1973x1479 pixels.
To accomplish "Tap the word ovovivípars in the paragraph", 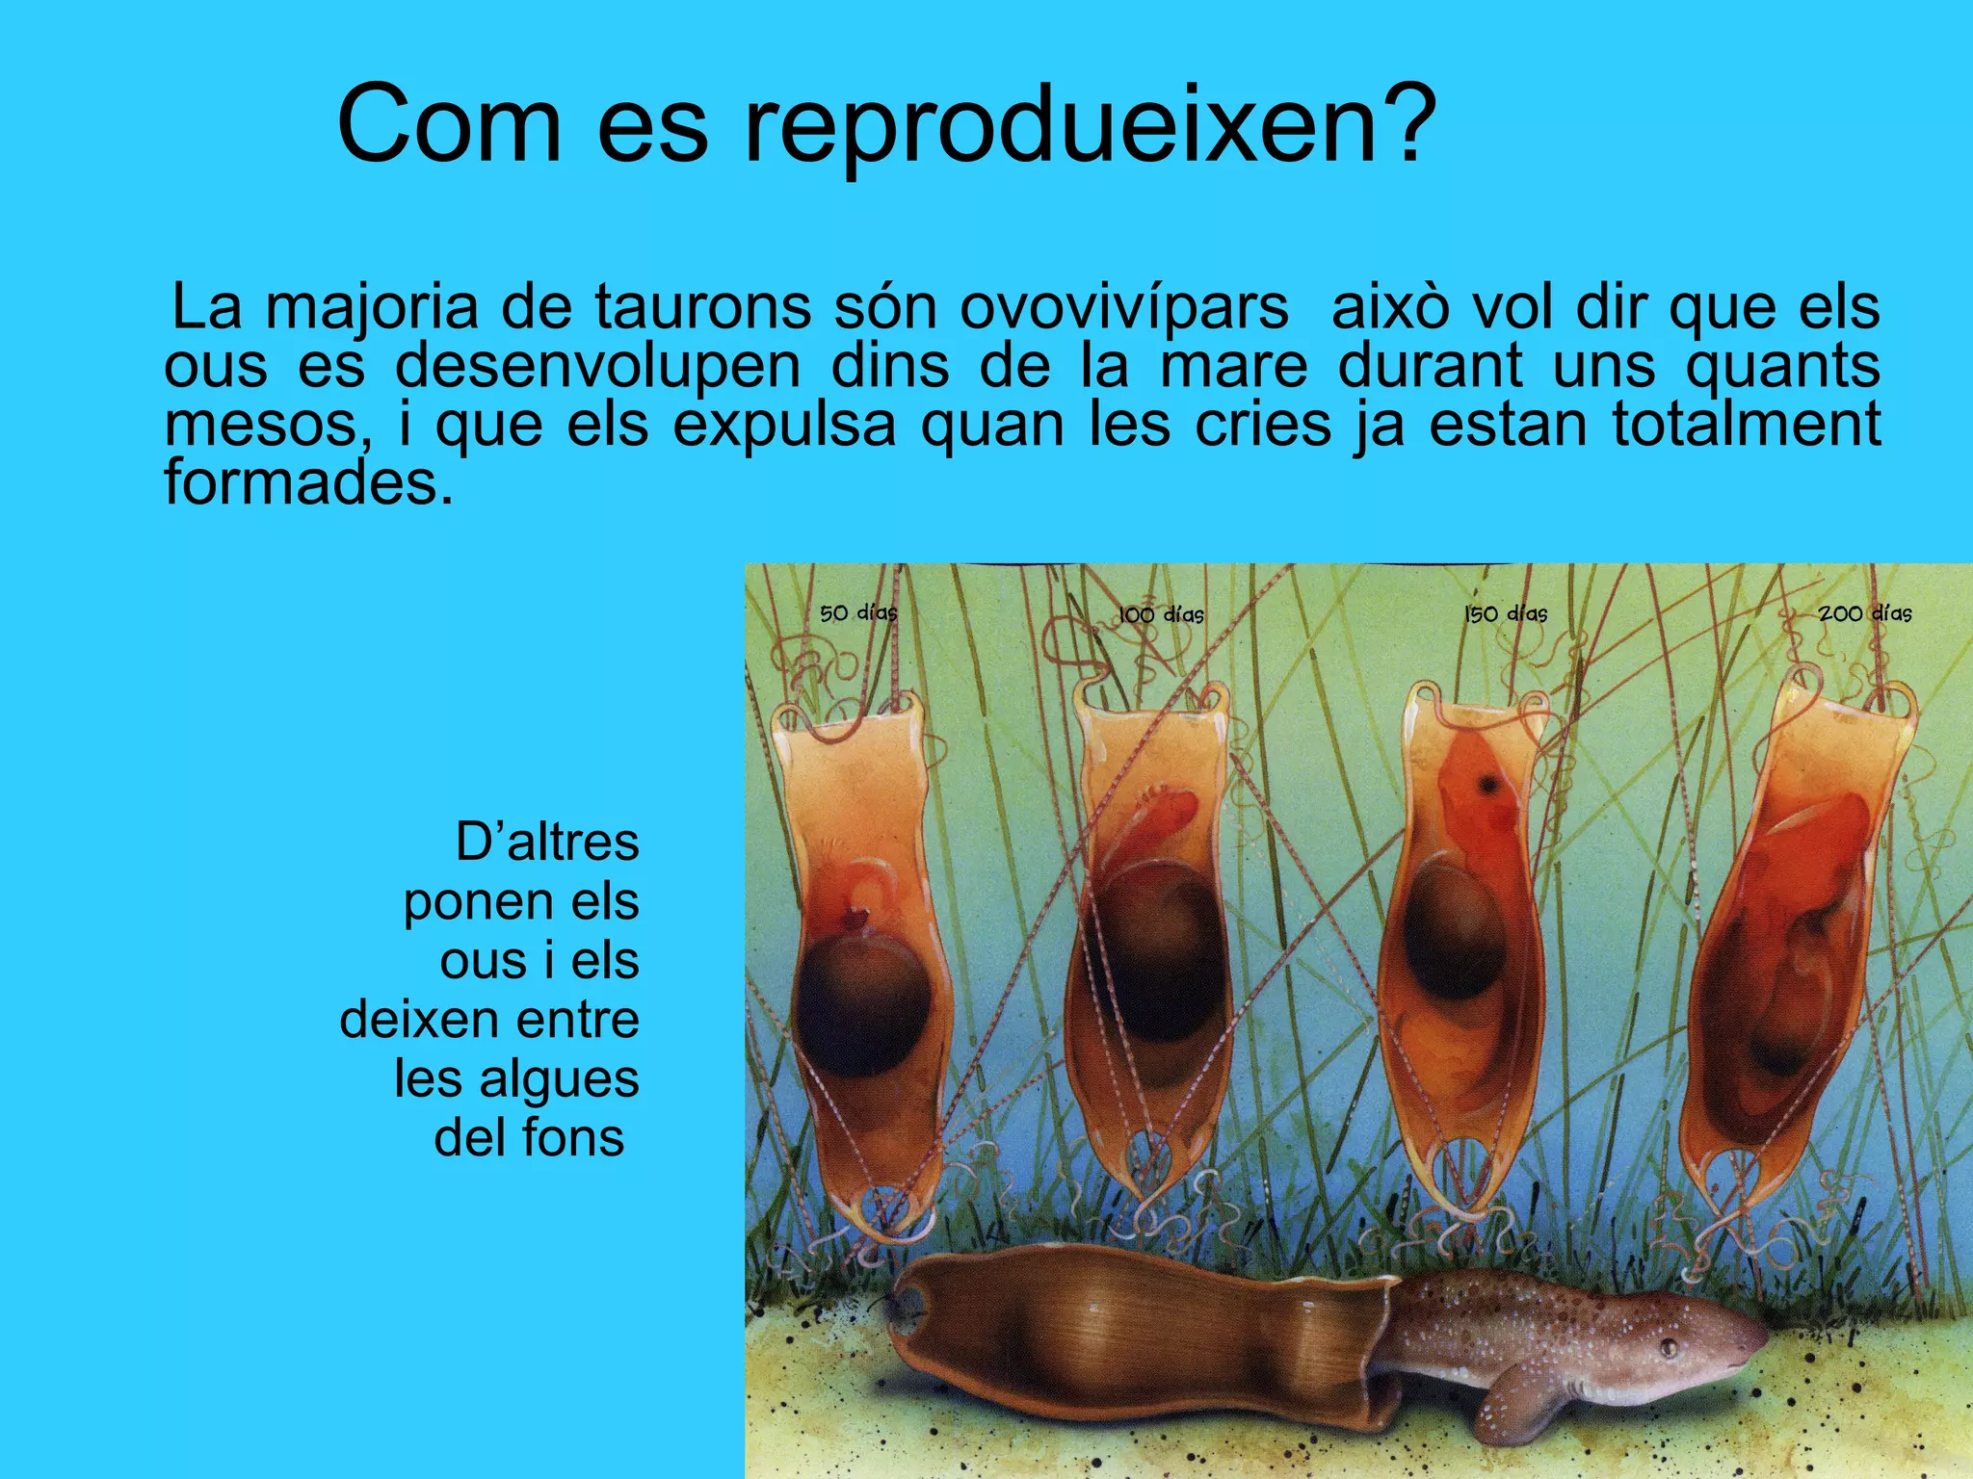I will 1123,308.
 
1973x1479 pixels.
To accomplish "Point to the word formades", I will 308,481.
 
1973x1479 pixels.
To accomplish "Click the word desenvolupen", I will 598,367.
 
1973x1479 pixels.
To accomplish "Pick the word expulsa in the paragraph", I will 784,425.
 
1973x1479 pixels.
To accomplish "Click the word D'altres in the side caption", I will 547,843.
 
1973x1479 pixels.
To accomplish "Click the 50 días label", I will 858,612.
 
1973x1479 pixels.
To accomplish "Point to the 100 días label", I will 1161,614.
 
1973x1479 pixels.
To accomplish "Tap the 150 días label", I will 1506,613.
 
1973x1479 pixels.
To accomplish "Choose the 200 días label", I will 1865,613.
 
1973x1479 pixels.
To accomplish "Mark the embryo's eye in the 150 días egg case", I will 1490,785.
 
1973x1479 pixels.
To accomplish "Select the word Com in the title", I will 449,125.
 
